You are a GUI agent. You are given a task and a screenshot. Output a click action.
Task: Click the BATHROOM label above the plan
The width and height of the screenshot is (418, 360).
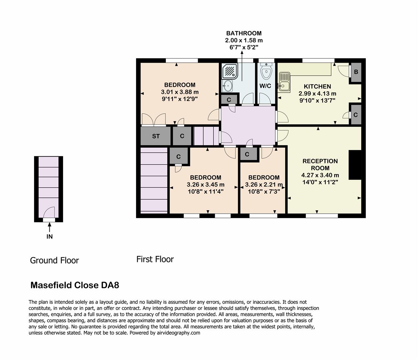click(x=244, y=33)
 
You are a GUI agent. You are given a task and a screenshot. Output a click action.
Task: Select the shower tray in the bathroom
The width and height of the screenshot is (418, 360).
click(x=229, y=71)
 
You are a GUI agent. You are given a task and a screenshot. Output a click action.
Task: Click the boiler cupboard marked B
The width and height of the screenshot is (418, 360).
click(x=356, y=72)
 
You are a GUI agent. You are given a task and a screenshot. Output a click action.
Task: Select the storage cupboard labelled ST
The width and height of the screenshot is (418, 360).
click(x=156, y=136)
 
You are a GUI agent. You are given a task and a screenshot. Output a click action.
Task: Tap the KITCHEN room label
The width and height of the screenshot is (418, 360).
click(x=317, y=86)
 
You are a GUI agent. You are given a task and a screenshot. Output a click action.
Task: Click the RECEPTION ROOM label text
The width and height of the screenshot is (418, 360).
click(x=320, y=165)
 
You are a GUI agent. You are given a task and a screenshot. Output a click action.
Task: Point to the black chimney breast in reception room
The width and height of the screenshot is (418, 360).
click(x=355, y=165)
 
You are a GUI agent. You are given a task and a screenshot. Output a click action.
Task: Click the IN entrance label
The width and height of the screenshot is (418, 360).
click(x=49, y=237)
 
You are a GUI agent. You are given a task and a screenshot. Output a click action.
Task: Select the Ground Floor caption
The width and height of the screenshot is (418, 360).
click(x=54, y=260)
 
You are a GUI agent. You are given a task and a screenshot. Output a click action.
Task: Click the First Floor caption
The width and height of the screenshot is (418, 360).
click(x=155, y=259)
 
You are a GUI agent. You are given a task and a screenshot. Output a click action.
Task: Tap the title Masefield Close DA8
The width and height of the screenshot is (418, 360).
click(x=75, y=285)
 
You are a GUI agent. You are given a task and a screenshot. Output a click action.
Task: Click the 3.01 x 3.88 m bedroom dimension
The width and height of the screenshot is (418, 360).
click(x=179, y=92)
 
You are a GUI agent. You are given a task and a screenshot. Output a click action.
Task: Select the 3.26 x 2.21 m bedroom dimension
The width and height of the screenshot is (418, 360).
click(x=264, y=185)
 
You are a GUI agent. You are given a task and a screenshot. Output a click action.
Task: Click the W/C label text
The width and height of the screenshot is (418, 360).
click(x=265, y=86)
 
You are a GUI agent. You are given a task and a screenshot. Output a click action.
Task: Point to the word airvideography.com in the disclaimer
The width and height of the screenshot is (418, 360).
click(x=178, y=333)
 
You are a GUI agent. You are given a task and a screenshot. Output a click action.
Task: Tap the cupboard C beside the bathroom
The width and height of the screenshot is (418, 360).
click(x=229, y=100)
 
